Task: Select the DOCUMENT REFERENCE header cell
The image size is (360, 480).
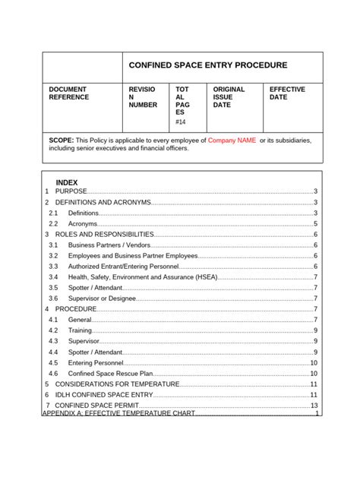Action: [69, 93]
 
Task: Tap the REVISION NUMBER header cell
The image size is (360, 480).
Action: [142, 97]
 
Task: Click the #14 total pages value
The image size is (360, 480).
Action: [180, 122]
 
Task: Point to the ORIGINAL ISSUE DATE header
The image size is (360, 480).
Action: [229, 97]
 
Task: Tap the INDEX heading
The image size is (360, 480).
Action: [67, 184]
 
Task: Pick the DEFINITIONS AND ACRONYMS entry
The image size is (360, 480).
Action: [103, 203]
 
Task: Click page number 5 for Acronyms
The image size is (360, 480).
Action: [315, 224]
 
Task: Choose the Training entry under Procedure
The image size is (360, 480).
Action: [81, 331]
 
